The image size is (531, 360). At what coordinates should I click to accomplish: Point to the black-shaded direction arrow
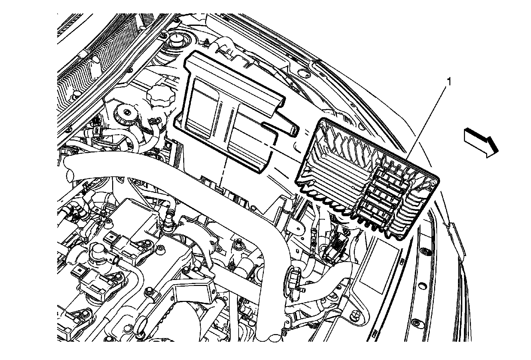pyautogui.click(x=480, y=142)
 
